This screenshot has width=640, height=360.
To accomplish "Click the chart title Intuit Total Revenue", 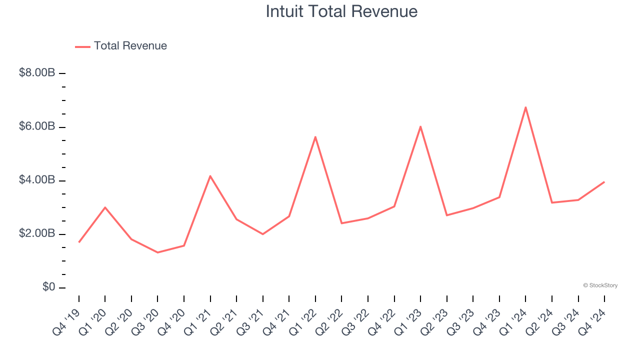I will point(341,11).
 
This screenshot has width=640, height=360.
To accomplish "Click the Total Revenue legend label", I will point(130,46).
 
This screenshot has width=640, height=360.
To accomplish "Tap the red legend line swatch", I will point(82,46).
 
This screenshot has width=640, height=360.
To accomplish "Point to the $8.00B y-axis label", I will point(37,73).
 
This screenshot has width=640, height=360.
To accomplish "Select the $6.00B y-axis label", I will point(37,126).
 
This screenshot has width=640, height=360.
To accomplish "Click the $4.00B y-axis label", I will point(37,180).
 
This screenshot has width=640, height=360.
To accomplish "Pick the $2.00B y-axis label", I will point(37,233).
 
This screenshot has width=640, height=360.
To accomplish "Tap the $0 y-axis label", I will point(48,287).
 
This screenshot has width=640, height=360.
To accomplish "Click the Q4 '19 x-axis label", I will point(66,321).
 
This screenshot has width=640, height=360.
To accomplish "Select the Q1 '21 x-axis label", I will point(197,321).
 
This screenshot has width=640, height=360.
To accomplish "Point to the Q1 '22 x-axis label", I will point(302,321).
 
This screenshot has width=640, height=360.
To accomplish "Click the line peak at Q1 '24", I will point(525,107).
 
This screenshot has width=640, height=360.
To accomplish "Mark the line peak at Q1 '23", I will point(420,126).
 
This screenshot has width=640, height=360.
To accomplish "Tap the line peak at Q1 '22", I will point(315,136).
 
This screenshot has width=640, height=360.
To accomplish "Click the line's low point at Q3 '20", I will point(157,252).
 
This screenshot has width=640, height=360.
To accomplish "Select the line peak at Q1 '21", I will point(210,176).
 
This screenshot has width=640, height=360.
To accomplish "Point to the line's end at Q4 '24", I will point(604,182).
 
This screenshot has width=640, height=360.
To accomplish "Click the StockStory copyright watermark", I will point(600,285).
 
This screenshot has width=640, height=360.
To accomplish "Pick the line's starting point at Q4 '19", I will point(79,242).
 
